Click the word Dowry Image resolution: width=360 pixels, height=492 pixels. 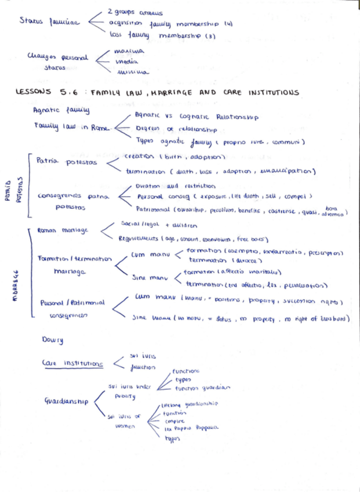pos(53,339)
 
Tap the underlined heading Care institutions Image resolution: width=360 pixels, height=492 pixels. pos(72,363)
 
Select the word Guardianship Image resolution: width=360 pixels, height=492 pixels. pos(65,401)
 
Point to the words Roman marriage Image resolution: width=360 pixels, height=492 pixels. pos(62,230)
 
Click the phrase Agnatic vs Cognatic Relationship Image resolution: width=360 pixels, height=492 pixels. pos(196,117)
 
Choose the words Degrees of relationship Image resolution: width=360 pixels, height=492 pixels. pos(176,129)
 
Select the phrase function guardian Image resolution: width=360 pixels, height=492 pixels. pos(202,387)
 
